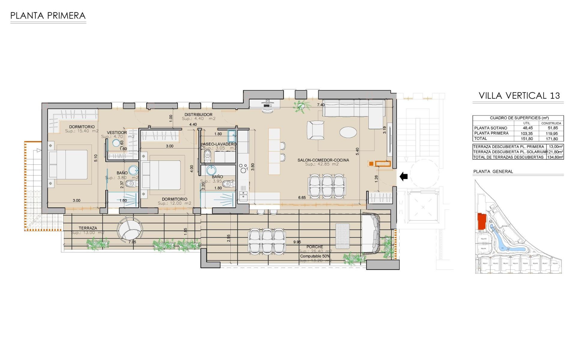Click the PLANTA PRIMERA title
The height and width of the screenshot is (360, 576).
coord(48,16)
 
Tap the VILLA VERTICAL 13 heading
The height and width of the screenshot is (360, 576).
coord(519,96)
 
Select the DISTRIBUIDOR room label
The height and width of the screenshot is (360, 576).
coord(198,115)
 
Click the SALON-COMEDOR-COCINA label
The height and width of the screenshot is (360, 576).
coord(323,160)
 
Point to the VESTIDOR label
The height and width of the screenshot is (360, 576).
coord(117,133)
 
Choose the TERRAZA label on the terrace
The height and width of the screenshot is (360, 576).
coord(88,228)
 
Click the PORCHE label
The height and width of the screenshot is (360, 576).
coord(315,247)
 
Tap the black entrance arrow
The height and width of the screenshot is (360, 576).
coord(403,176)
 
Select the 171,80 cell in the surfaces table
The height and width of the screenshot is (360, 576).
coord(552,139)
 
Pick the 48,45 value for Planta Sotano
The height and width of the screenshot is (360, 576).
coord(528,128)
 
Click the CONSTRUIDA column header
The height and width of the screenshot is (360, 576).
coord(551,123)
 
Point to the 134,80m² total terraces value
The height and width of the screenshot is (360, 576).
coord(555,157)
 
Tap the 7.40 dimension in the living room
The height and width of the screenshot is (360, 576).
coord(321,105)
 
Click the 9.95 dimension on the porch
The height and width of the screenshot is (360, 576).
coord(297,242)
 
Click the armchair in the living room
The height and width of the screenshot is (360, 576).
coord(316,130)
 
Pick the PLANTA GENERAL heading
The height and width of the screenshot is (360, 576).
coord(493,172)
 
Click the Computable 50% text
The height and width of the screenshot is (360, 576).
coord(315,256)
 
